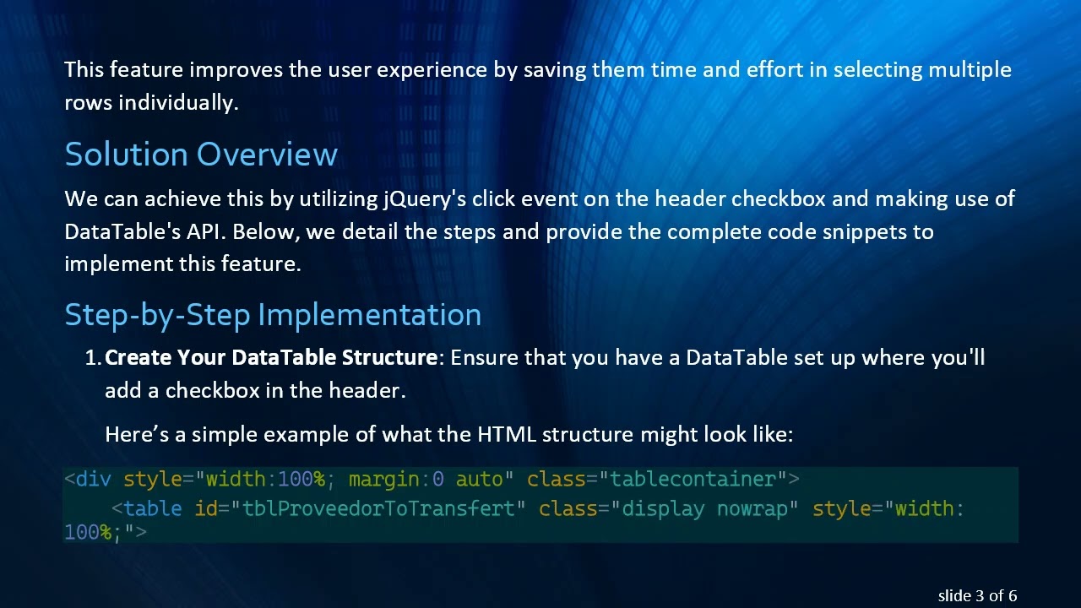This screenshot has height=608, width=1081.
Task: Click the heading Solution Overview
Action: [x=201, y=155]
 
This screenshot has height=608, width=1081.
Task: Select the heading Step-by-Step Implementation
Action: [x=273, y=315]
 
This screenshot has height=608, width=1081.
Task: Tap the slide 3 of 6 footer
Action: [x=977, y=595]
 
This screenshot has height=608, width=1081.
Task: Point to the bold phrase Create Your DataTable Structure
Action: [x=270, y=358]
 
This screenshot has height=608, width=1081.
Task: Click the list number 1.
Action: [x=93, y=358]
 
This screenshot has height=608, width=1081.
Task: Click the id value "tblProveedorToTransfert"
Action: [x=378, y=508]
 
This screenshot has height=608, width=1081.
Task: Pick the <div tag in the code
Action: [x=88, y=480]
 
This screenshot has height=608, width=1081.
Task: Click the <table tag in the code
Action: [x=147, y=508]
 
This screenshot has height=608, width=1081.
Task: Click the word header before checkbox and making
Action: [x=690, y=199]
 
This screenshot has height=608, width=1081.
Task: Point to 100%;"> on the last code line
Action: [x=105, y=533]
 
